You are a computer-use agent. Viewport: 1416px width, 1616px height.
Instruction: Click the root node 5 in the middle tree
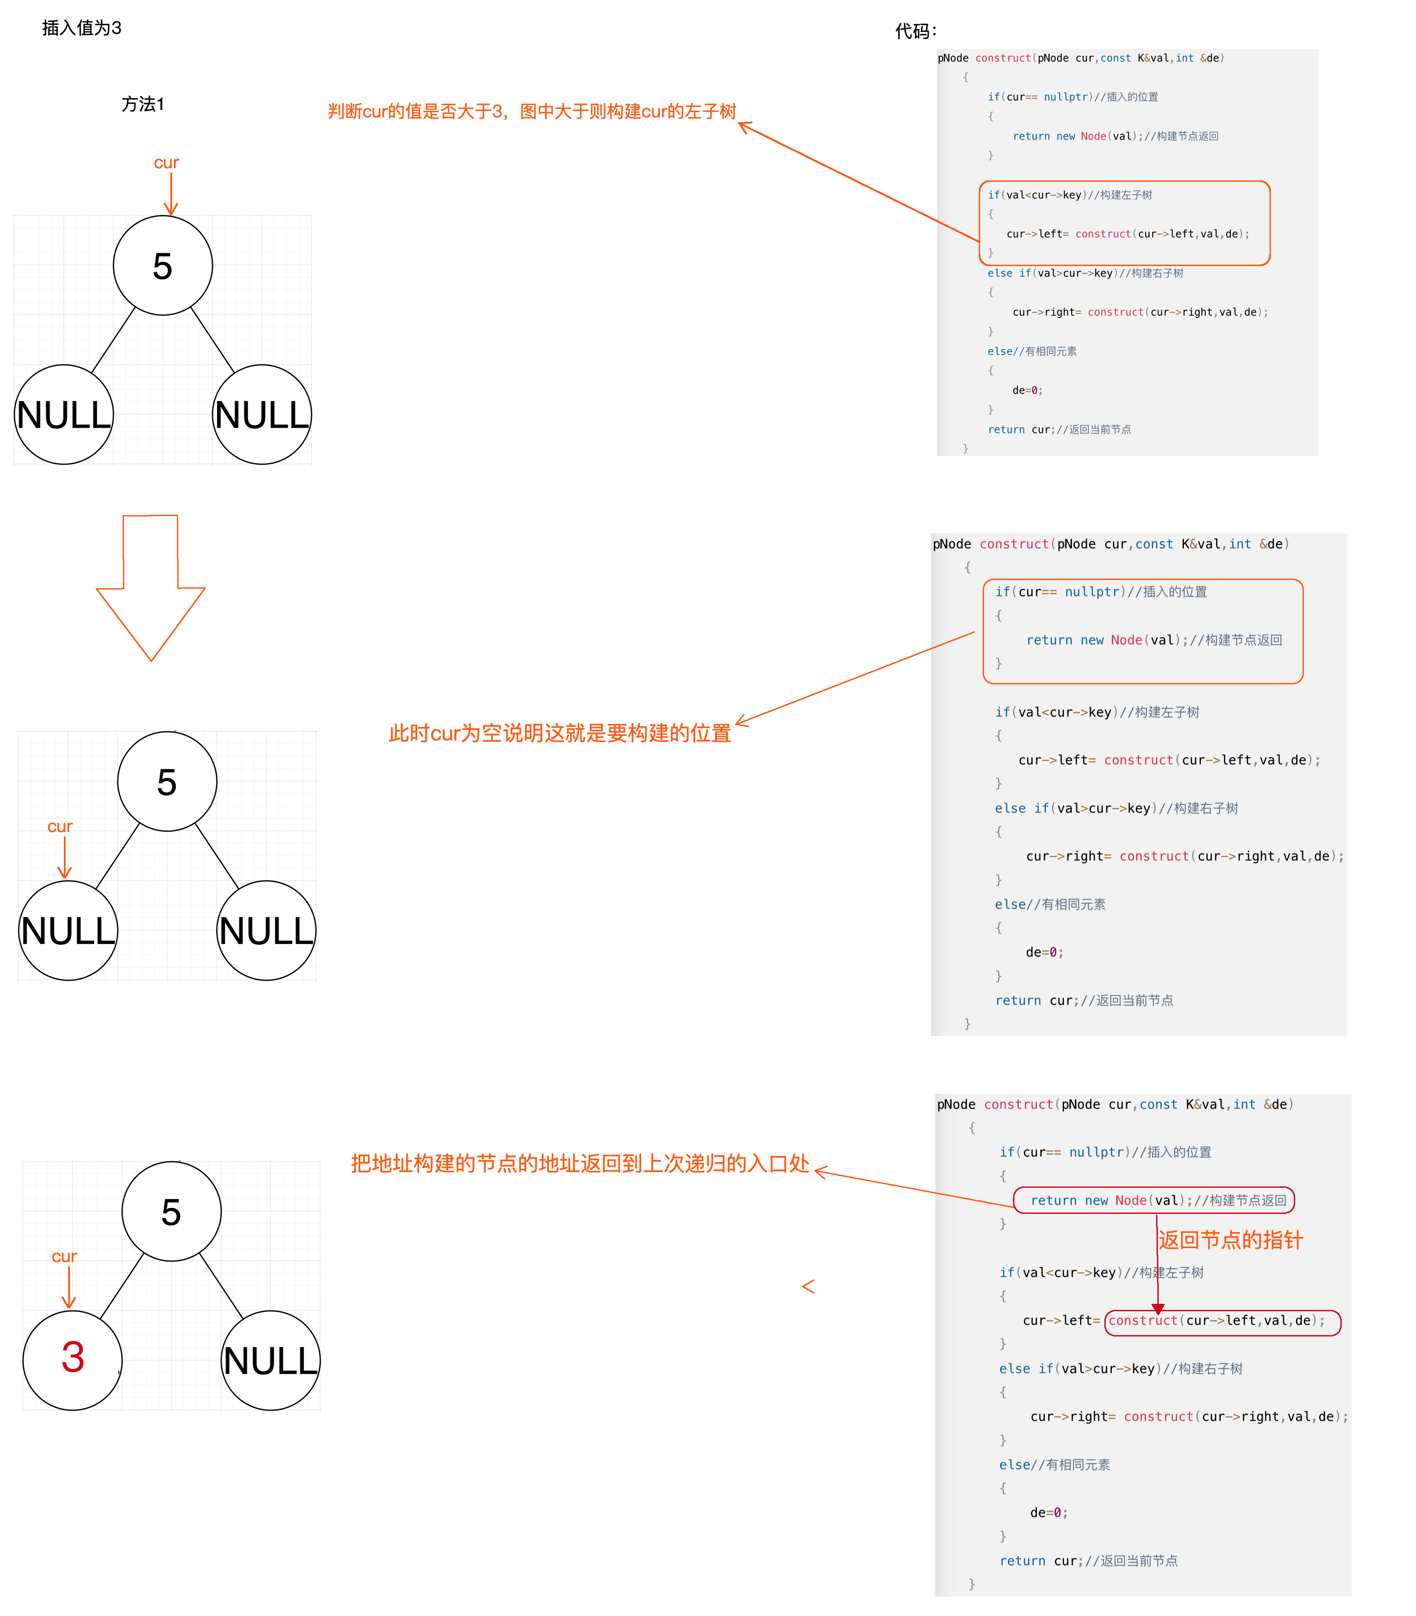[167, 782]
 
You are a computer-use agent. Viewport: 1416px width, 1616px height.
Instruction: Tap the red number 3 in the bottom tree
[73, 1358]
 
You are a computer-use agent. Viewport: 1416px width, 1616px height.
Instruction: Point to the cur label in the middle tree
[60, 826]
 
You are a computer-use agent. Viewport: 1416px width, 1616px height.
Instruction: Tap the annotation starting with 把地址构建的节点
[580, 1163]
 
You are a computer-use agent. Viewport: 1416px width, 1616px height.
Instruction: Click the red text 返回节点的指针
[1230, 1240]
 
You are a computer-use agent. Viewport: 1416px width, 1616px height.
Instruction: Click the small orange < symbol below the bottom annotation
[808, 1286]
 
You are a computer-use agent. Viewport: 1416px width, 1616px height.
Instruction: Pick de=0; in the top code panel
[1027, 390]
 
